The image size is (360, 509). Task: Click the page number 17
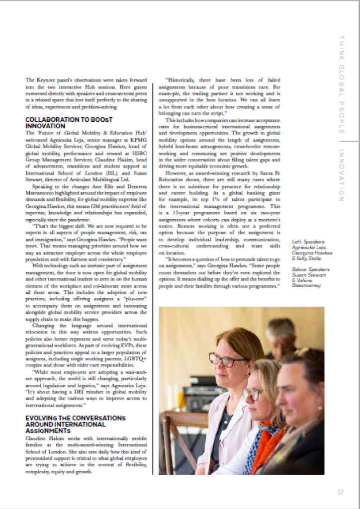click(340, 492)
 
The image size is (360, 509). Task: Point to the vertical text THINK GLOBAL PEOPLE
click(341, 85)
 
